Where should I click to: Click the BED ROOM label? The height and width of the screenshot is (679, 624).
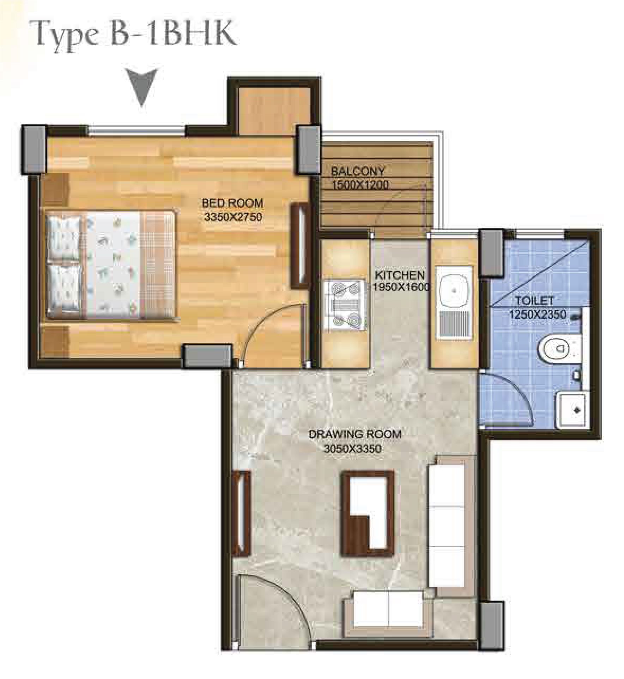click(x=232, y=203)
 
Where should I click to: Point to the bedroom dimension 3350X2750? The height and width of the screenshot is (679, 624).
click(x=233, y=217)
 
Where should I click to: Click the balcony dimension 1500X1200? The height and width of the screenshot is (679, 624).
click(x=360, y=185)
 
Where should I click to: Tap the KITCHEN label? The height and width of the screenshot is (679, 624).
click(x=399, y=275)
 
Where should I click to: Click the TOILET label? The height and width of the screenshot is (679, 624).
click(x=530, y=301)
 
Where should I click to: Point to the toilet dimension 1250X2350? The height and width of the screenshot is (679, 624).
click(x=537, y=314)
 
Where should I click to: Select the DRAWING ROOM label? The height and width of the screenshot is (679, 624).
click(x=355, y=434)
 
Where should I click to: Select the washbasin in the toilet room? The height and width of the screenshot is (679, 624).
click(x=572, y=410)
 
